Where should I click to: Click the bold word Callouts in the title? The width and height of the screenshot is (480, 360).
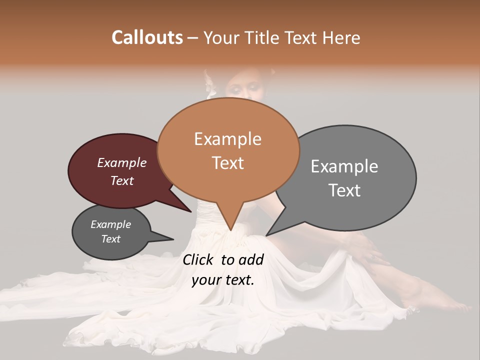tap(147, 37)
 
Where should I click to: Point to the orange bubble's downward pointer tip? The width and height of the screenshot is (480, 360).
tap(230, 230)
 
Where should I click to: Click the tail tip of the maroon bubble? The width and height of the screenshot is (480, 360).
tap(191, 212)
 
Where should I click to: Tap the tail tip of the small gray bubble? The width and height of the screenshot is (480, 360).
tap(173, 239)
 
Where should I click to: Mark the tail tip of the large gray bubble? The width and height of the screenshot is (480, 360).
tap(266, 235)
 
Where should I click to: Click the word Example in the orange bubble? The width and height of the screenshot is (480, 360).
tap(227, 139)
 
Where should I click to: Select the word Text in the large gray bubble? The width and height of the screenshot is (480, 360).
tap(344, 190)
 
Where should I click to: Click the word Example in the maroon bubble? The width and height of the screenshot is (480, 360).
tap(121, 163)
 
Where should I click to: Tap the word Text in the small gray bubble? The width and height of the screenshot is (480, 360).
tap(110, 239)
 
